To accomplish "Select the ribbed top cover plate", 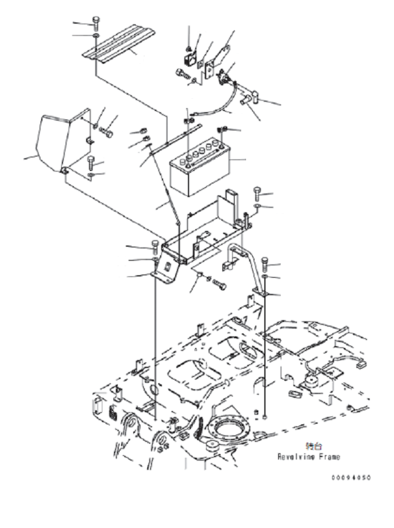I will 118,45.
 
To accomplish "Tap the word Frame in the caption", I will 329,456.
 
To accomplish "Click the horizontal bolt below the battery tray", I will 220,284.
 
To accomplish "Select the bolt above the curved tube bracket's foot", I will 265,263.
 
